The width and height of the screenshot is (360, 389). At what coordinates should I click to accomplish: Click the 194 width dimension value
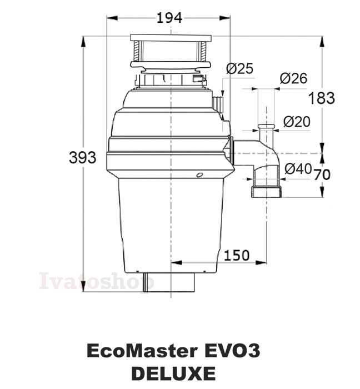pos(169,18)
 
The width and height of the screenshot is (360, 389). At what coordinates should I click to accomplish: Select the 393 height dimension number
pos(82,158)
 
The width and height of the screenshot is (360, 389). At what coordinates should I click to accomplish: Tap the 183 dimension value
pos(322,98)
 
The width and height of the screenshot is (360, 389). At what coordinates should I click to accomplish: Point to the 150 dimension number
pos(237,255)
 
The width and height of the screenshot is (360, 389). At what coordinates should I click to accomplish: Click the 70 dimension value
pos(322,174)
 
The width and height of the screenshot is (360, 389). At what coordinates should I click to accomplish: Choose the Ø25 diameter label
pos(240,68)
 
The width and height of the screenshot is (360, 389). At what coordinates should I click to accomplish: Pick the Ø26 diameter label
pos(293,78)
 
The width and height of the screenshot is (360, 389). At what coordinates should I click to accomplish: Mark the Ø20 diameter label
pos(297,122)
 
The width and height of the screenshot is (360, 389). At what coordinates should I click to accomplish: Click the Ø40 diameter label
pos(298,169)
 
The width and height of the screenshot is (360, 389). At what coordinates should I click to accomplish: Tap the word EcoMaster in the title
pos(142,351)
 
